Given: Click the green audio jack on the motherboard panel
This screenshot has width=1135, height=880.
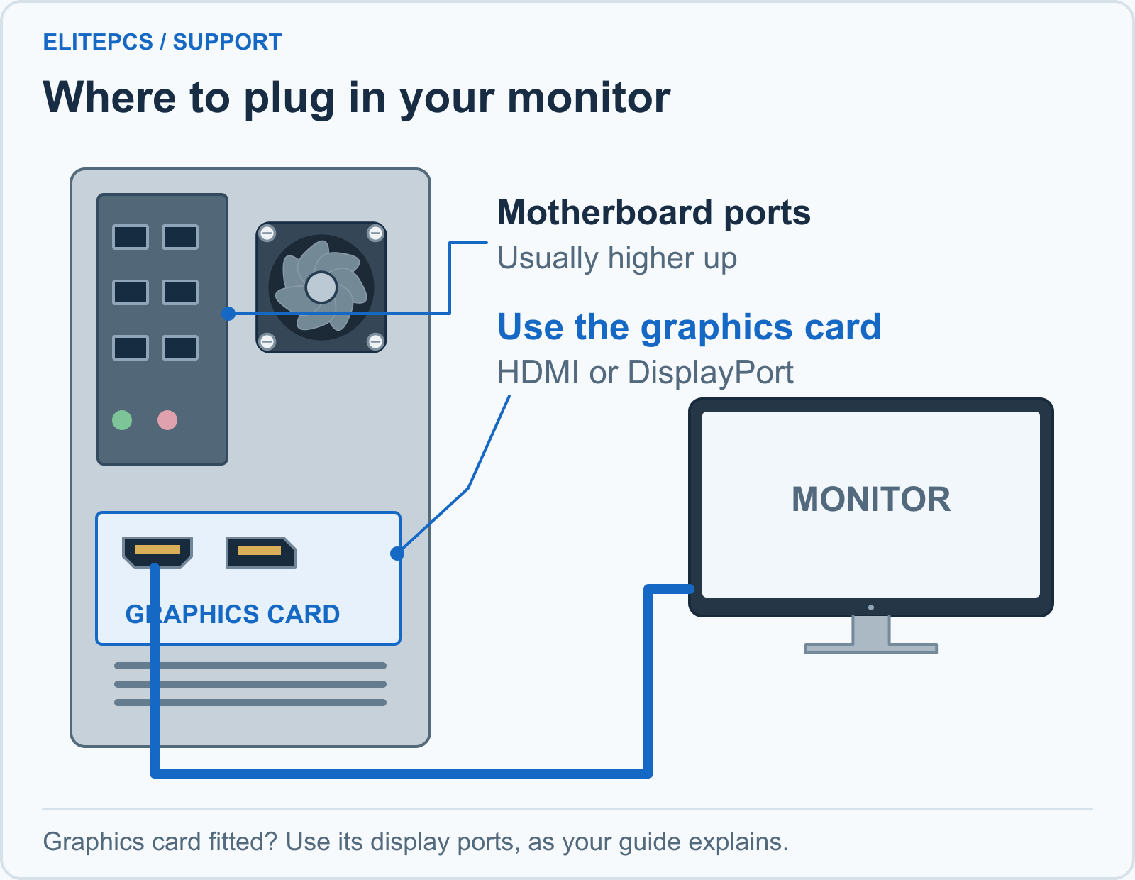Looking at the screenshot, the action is [x=122, y=420].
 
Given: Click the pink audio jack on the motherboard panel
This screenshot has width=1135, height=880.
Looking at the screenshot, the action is [x=167, y=420].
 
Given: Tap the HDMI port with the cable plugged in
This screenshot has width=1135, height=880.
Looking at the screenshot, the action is [x=157, y=552].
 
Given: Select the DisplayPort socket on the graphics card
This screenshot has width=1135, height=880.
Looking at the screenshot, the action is [x=260, y=552].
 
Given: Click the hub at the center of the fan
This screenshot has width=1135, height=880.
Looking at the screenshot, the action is [x=321, y=287].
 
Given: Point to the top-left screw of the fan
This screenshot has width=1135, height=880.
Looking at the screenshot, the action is [x=267, y=233].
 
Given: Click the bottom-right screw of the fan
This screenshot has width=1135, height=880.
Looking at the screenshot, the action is [x=375, y=342].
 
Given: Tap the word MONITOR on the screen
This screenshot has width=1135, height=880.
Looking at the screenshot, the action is [x=870, y=499].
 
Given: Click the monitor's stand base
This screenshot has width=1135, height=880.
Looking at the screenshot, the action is [x=870, y=649].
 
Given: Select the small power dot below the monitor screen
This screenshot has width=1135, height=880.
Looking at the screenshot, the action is [x=870, y=607].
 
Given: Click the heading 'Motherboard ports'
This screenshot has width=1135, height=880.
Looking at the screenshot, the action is [x=653, y=213].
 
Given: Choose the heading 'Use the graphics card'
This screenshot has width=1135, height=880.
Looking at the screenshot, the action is [x=689, y=328].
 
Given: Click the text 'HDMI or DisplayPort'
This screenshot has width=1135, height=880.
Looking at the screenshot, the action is [x=645, y=372].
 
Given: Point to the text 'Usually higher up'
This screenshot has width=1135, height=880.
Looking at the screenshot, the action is [x=617, y=258].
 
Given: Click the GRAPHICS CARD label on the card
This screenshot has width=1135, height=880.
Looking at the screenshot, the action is [x=233, y=614].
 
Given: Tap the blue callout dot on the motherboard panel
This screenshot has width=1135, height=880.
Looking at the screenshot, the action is [x=228, y=314].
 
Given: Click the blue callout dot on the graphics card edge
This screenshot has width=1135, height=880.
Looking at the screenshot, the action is [x=397, y=554].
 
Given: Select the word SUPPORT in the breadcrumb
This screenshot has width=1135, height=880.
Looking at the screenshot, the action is [x=227, y=42].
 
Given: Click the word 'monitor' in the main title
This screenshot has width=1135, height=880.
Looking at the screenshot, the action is [x=589, y=97].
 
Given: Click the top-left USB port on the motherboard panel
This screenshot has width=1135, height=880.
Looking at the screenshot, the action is [x=131, y=237].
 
